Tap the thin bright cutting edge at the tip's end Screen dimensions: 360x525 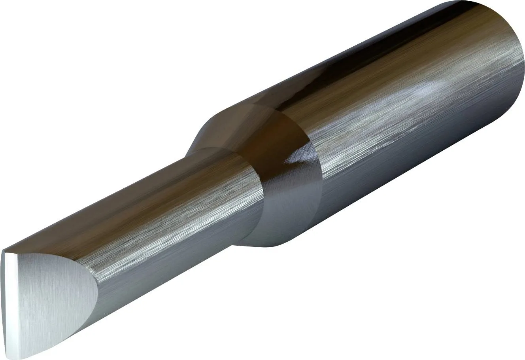click(9, 301)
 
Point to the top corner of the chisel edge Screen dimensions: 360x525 click(5, 252)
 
